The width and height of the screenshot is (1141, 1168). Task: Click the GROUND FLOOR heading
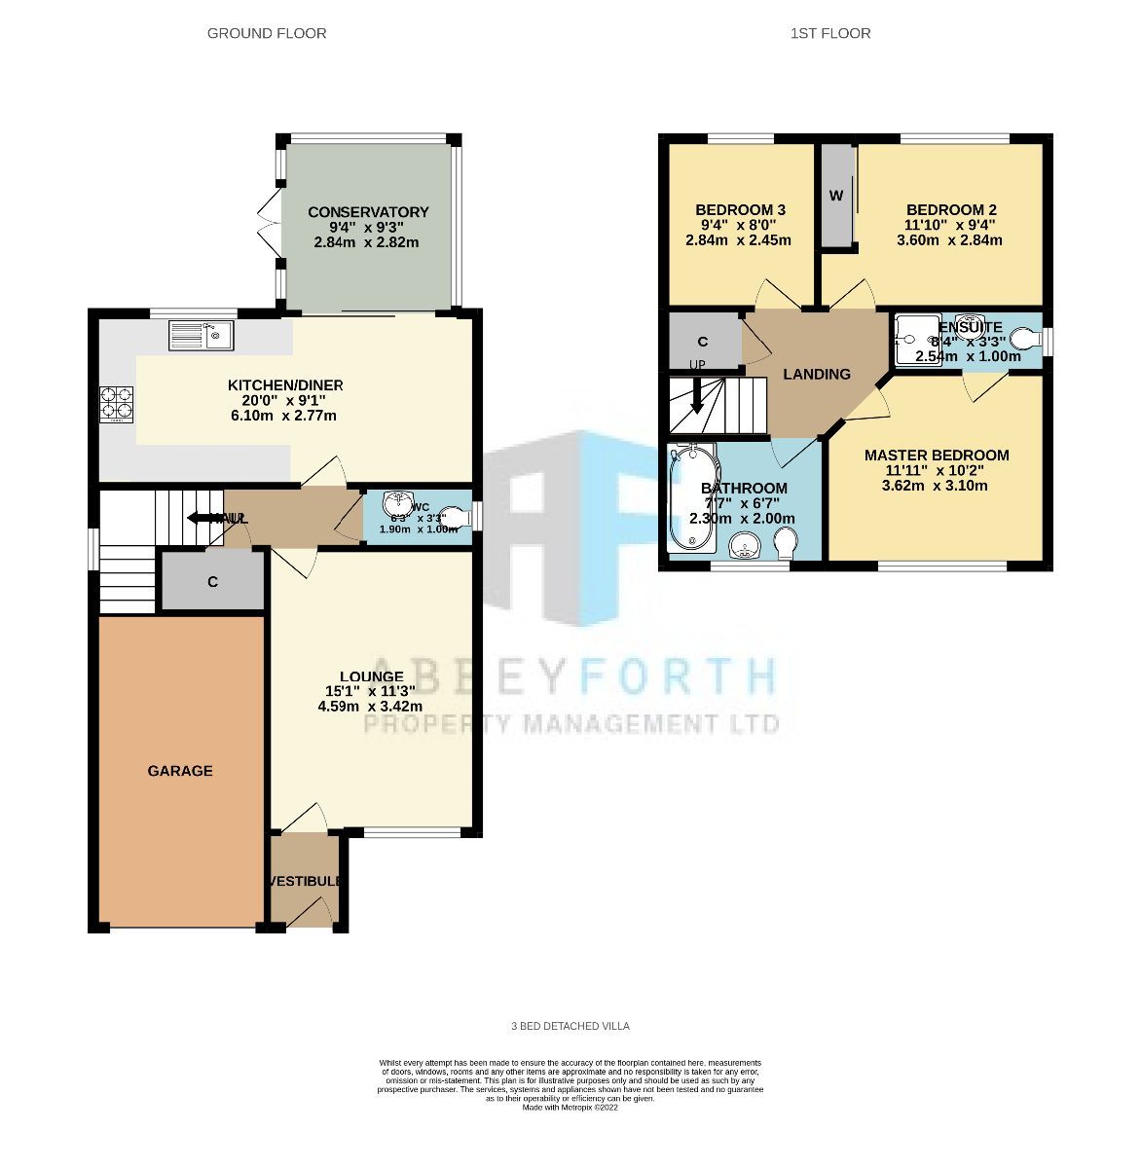click(267, 33)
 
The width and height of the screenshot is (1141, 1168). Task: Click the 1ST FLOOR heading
click(830, 33)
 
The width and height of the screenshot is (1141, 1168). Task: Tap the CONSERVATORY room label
click(368, 212)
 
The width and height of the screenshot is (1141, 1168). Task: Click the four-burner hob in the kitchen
click(116, 405)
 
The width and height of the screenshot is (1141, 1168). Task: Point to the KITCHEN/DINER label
click(284, 385)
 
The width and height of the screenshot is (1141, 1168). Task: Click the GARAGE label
click(180, 771)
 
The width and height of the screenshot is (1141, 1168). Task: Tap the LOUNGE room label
click(371, 676)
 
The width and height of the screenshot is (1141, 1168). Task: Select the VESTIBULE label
click(306, 881)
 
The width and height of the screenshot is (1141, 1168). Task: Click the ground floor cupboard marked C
click(212, 582)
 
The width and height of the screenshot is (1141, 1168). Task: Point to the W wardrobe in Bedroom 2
click(835, 196)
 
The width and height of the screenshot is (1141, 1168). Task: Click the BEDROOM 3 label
click(740, 210)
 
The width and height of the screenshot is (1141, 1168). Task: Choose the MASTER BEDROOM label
click(936, 456)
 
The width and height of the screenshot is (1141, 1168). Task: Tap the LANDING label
click(817, 374)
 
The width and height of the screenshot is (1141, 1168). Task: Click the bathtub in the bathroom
click(690, 497)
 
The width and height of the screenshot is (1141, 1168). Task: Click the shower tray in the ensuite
click(914, 340)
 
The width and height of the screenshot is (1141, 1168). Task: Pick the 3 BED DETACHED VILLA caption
click(570, 1026)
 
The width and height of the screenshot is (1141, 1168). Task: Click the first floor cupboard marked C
click(703, 342)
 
